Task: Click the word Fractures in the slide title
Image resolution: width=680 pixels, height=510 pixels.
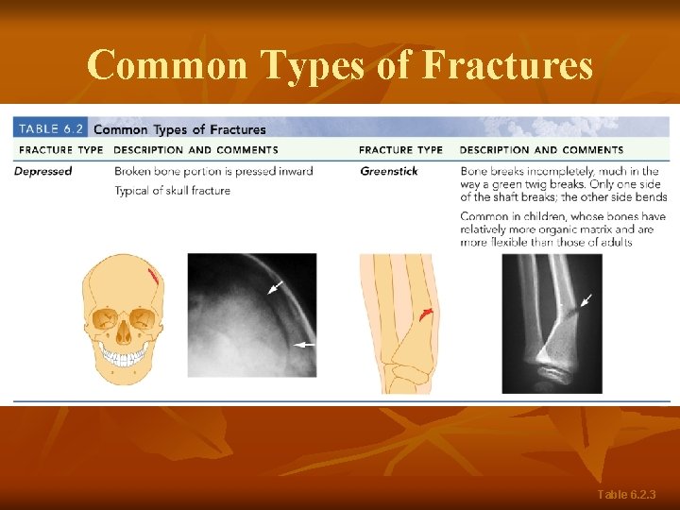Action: click(507, 65)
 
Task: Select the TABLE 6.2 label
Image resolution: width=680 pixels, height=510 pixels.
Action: click(51, 129)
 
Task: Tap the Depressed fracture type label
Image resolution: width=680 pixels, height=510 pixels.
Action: click(43, 171)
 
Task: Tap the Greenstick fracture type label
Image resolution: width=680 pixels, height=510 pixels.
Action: click(389, 171)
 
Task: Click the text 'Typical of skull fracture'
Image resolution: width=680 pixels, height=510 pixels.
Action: click(172, 191)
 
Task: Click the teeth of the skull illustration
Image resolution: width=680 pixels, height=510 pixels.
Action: click(125, 357)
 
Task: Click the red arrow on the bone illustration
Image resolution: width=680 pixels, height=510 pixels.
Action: click(427, 314)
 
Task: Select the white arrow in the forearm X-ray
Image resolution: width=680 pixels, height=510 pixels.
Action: click(586, 301)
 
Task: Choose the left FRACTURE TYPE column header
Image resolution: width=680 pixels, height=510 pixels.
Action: click(60, 150)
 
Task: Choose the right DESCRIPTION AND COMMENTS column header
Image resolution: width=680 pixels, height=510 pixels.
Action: click(541, 150)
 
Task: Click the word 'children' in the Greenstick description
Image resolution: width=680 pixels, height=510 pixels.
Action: click(535, 217)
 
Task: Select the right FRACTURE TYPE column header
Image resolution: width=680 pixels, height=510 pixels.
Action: click(400, 150)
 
